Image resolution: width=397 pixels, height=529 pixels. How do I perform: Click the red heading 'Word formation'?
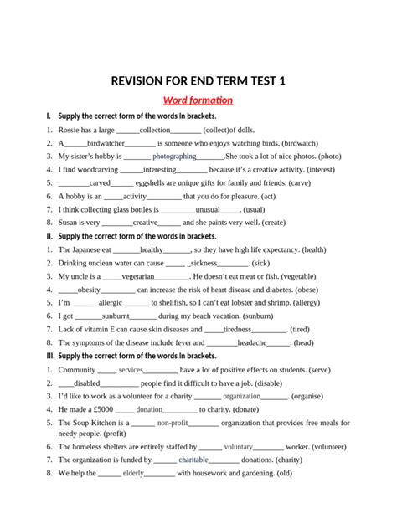pos(198,100)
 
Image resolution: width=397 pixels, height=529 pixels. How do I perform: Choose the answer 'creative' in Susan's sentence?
pos(145,223)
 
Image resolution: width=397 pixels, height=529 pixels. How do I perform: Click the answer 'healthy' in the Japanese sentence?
pos(152,249)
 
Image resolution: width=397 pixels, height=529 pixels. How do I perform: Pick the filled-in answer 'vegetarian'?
pos(137,275)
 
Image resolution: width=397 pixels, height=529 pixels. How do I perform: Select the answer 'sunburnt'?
pos(115,316)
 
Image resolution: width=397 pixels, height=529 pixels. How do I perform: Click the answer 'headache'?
pos(251,342)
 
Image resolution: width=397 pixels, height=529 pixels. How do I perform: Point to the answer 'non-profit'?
pos(173,424)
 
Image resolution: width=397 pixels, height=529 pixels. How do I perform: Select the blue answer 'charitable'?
pos(193,460)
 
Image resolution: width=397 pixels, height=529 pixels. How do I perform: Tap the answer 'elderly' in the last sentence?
pos(133,473)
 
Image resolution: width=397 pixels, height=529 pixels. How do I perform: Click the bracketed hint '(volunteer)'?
pos(329,447)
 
